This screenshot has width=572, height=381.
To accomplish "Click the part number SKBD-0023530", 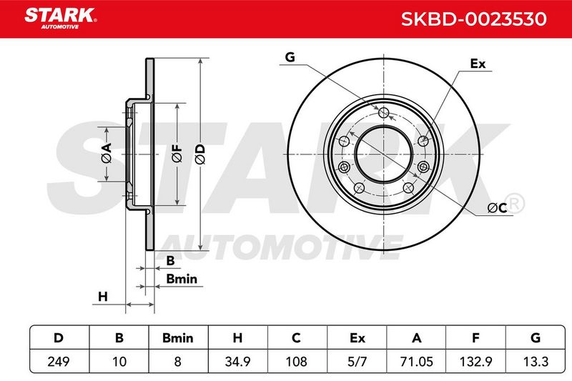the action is pyautogui.click(x=473, y=19).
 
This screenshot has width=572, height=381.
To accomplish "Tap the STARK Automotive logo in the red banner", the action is pyautogui.click(x=61, y=19).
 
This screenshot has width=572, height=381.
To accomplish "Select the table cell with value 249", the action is pyautogui.click(x=59, y=361).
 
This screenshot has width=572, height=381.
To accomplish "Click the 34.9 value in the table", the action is pyautogui.click(x=237, y=361).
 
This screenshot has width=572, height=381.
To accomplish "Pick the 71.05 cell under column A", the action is pyautogui.click(x=417, y=361).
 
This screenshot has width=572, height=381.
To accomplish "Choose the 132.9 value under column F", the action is pyautogui.click(x=475, y=361).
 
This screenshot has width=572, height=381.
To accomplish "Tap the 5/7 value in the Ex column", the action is pyautogui.click(x=357, y=361).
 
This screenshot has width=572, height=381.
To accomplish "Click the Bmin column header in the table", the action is pyautogui.click(x=177, y=338).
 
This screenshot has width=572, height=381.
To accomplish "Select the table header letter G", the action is pyautogui.click(x=536, y=338).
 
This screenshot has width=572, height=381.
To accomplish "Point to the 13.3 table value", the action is pyautogui.click(x=536, y=361).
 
